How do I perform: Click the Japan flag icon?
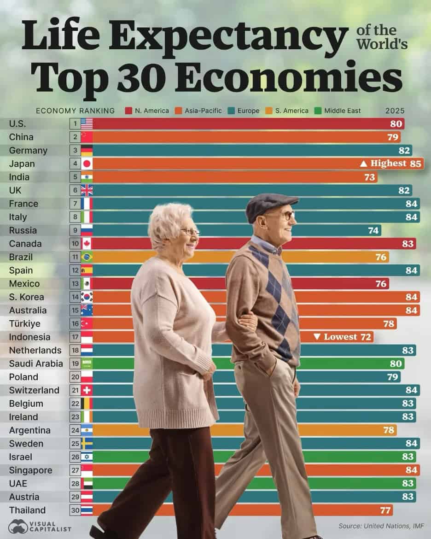[x=87, y=164]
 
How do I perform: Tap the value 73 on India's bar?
[x=370, y=177]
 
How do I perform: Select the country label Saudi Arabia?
[x=36, y=363]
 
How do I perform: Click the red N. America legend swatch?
[x=128, y=111]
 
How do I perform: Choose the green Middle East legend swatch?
[x=317, y=111]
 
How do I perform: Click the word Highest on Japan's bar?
[x=388, y=163]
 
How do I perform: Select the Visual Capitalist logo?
[x=40, y=526]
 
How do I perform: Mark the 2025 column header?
[x=395, y=111]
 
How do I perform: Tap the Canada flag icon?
[x=87, y=244]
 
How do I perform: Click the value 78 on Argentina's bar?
[x=389, y=430]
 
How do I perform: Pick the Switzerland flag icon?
[x=87, y=390]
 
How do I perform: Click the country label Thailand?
[x=27, y=510]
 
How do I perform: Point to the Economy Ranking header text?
[x=75, y=111]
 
